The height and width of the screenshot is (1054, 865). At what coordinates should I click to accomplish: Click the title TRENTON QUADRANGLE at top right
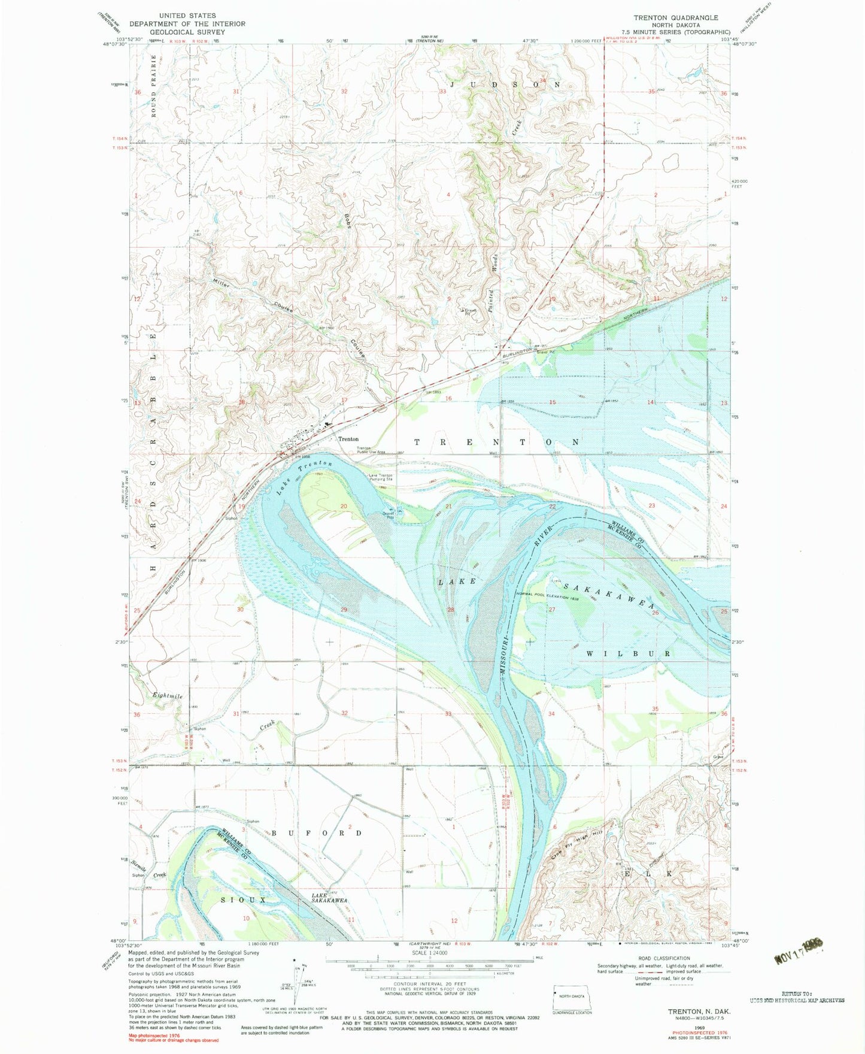(676, 18)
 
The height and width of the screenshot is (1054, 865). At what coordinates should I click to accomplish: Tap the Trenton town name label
(348, 439)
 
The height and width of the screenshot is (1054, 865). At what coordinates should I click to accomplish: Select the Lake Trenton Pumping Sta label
(380, 477)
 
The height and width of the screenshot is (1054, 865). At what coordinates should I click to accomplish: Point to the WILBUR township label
(628, 653)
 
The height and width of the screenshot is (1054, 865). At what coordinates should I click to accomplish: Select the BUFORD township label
(317, 833)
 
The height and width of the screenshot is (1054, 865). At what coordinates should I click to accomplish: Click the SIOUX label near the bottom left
(235, 900)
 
